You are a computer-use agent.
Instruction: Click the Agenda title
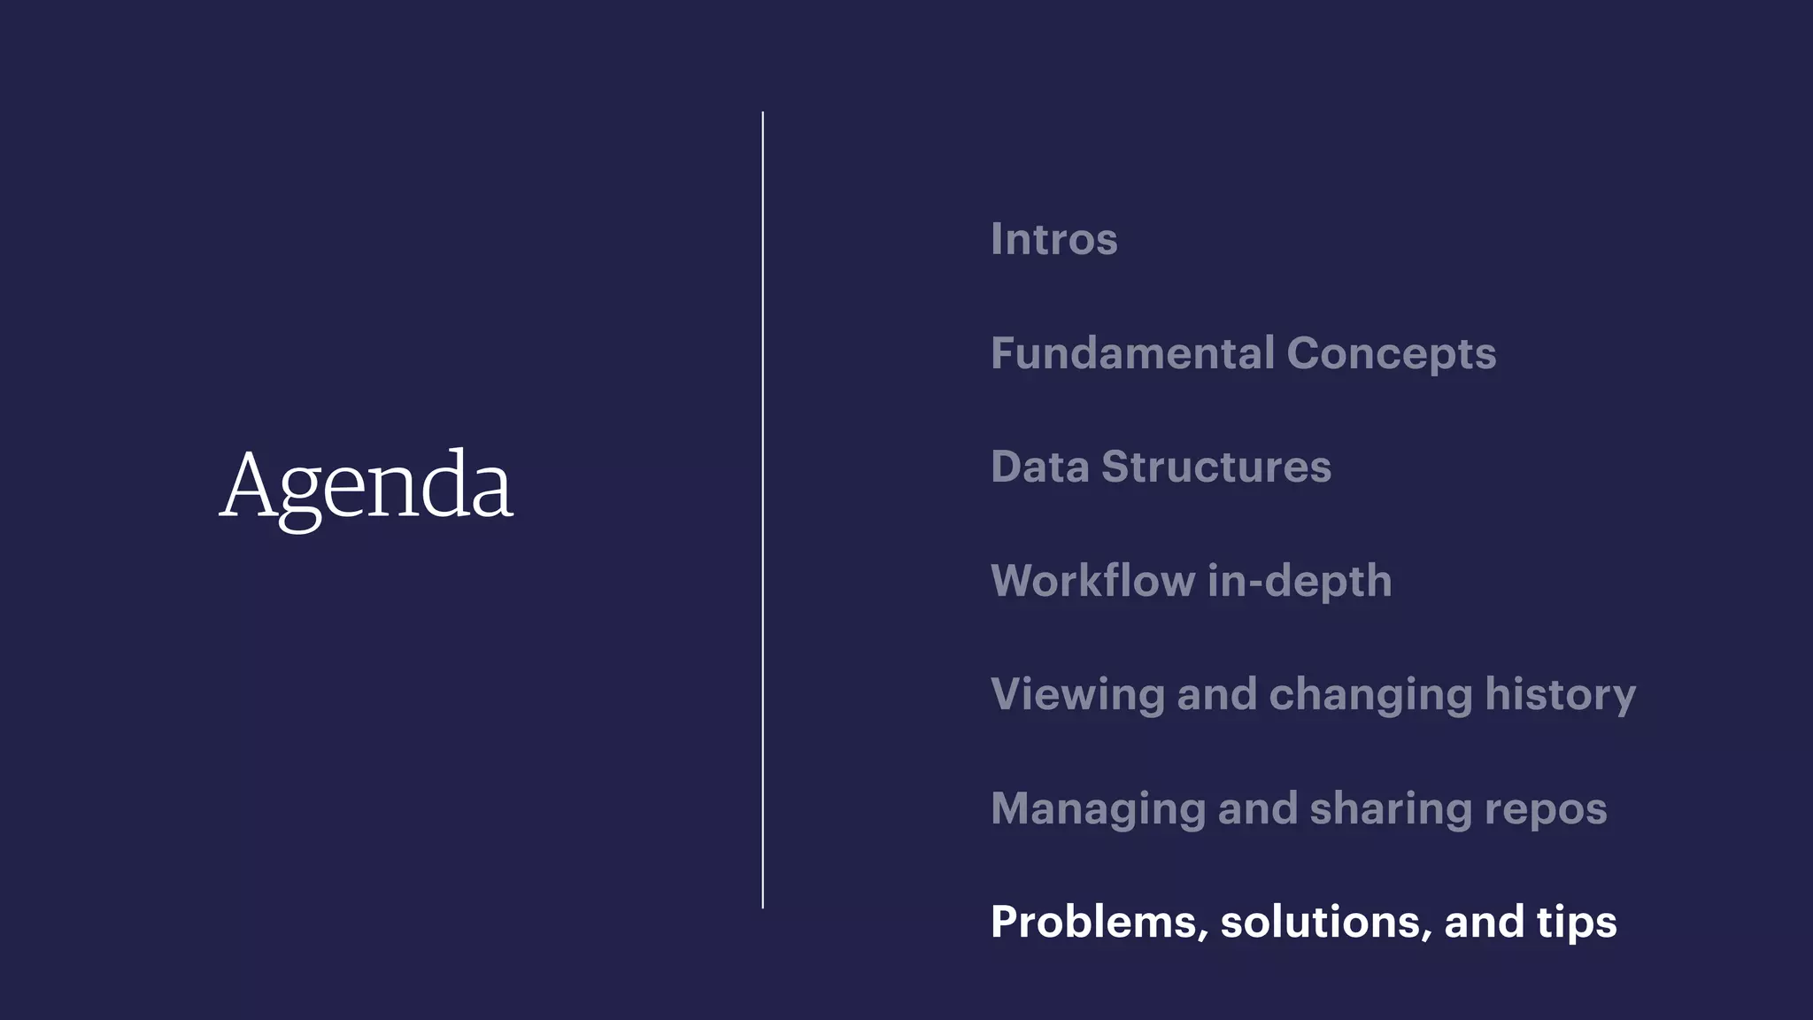[x=366, y=486]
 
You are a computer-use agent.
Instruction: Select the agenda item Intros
[x=1053, y=239]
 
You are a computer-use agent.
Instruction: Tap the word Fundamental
[x=1132, y=353]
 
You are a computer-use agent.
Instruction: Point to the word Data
[x=1039, y=467]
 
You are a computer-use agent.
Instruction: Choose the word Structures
[x=1215, y=467]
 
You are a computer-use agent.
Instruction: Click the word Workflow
[x=1092, y=581]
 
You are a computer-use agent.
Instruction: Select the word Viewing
[x=1077, y=695]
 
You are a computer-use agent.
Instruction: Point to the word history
[x=1560, y=695]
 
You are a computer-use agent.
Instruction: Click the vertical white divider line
[x=762, y=510]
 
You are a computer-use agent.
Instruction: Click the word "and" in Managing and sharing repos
[x=1257, y=808]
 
